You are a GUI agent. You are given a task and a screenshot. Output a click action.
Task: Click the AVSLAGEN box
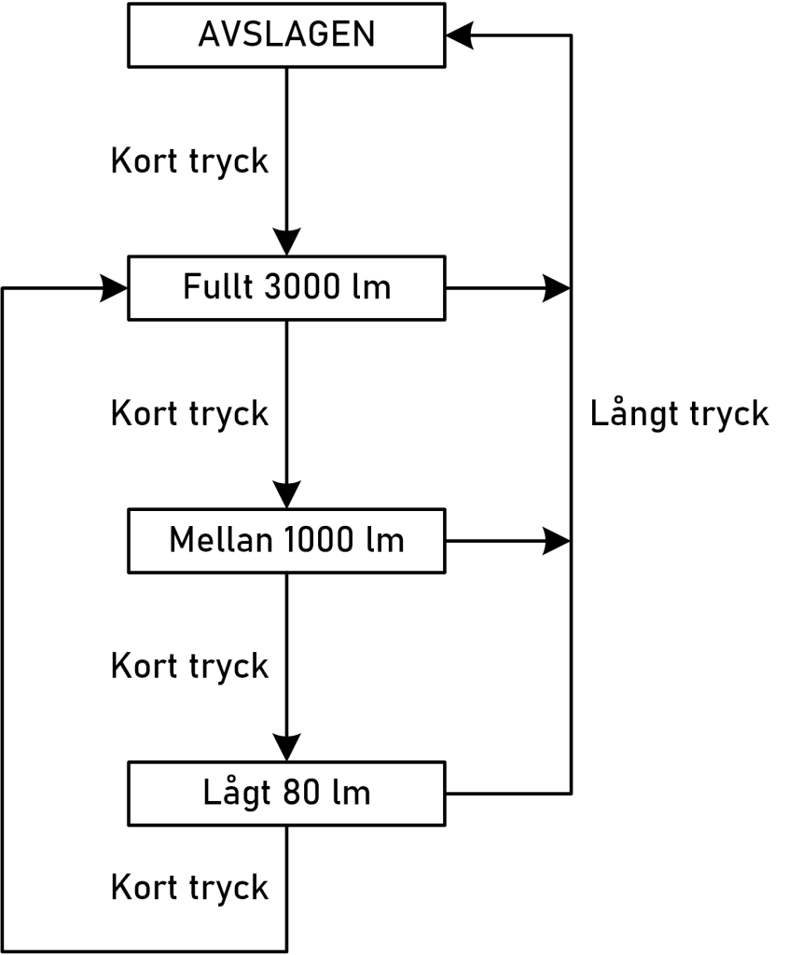(x=286, y=35)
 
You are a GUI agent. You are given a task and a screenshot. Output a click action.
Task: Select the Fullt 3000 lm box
(x=286, y=288)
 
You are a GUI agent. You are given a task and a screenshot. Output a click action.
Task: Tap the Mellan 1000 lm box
(x=286, y=540)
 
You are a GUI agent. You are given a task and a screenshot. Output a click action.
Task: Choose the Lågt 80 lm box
(x=286, y=794)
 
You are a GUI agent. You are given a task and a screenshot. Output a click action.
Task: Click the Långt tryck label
(x=681, y=414)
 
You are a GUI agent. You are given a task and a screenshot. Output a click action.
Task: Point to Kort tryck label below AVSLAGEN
(x=191, y=161)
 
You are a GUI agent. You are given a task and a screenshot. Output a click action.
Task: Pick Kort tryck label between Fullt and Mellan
(x=191, y=413)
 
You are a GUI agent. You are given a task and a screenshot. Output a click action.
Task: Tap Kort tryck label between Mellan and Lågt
(x=191, y=666)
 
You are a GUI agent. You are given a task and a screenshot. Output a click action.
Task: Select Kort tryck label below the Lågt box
(x=191, y=887)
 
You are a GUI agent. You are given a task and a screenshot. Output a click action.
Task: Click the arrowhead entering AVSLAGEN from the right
(x=462, y=35)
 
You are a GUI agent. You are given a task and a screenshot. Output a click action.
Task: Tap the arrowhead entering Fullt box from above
(x=286, y=241)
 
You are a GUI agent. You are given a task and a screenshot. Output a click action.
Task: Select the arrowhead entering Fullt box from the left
(x=114, y=288)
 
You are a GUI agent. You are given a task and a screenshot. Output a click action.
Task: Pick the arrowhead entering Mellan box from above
(x=286, y=493)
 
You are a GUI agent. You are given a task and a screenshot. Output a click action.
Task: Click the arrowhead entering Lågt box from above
(x=286, y=746)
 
